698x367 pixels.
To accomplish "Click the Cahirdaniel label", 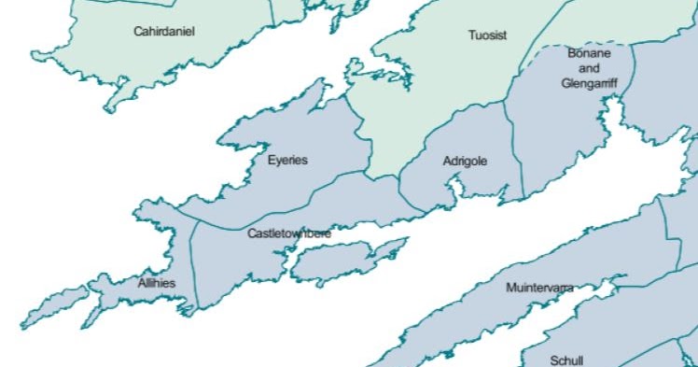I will point(163,31).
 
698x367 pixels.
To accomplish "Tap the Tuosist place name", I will point(487,35).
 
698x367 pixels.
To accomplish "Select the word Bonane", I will point(589,53).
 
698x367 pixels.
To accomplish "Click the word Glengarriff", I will point(589,82).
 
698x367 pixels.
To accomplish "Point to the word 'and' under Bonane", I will point(589,68).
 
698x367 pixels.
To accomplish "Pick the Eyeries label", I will point(287,160).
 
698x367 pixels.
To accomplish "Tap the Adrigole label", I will point(465,161).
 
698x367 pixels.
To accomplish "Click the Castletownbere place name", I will point(289,233).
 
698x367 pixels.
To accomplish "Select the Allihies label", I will point(156,282).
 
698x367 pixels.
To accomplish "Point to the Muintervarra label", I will point(539,288).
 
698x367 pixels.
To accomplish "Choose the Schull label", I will point(566,360).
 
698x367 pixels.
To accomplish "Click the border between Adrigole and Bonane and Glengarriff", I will point(512,149).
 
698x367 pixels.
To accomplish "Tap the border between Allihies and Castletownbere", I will point(191,261).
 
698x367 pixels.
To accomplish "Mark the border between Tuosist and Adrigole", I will point(425,139).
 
